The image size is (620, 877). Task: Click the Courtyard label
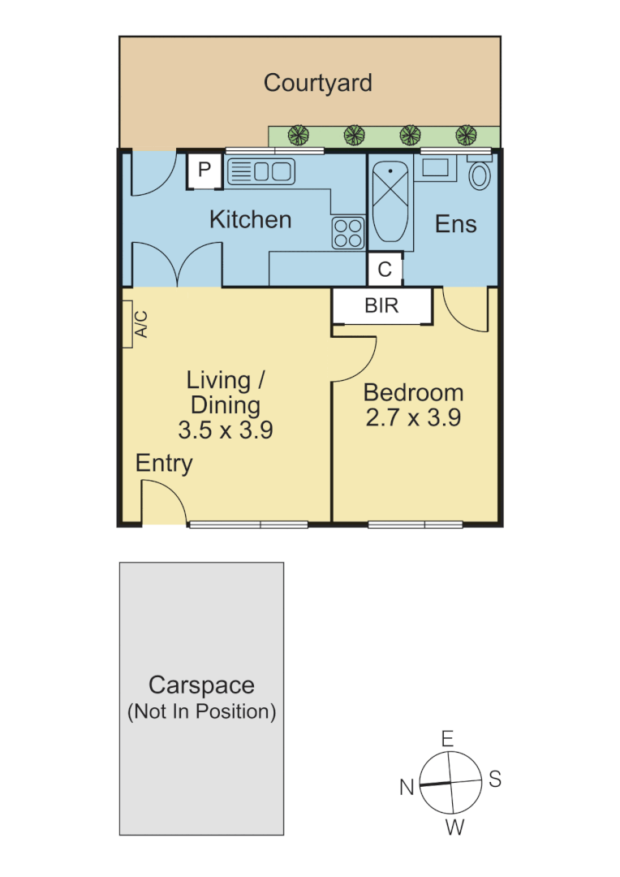pos(318,83)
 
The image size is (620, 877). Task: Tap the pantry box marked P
pos(205,171)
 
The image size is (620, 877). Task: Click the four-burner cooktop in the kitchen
pos(347,233)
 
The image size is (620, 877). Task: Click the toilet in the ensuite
pos(480,175)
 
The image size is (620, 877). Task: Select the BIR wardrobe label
pos(381,306)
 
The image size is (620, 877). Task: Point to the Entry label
pos(164,464)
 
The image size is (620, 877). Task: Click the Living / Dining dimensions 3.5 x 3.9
pos(225,430)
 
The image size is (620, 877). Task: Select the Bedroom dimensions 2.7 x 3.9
pos(413,417)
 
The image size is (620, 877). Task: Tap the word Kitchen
pos(250,219)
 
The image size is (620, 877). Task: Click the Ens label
pos(455,225)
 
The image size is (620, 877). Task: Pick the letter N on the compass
pos(407,786)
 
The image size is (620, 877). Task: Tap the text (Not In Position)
pos(202,712)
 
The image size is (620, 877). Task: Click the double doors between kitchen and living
pos(177,265)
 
